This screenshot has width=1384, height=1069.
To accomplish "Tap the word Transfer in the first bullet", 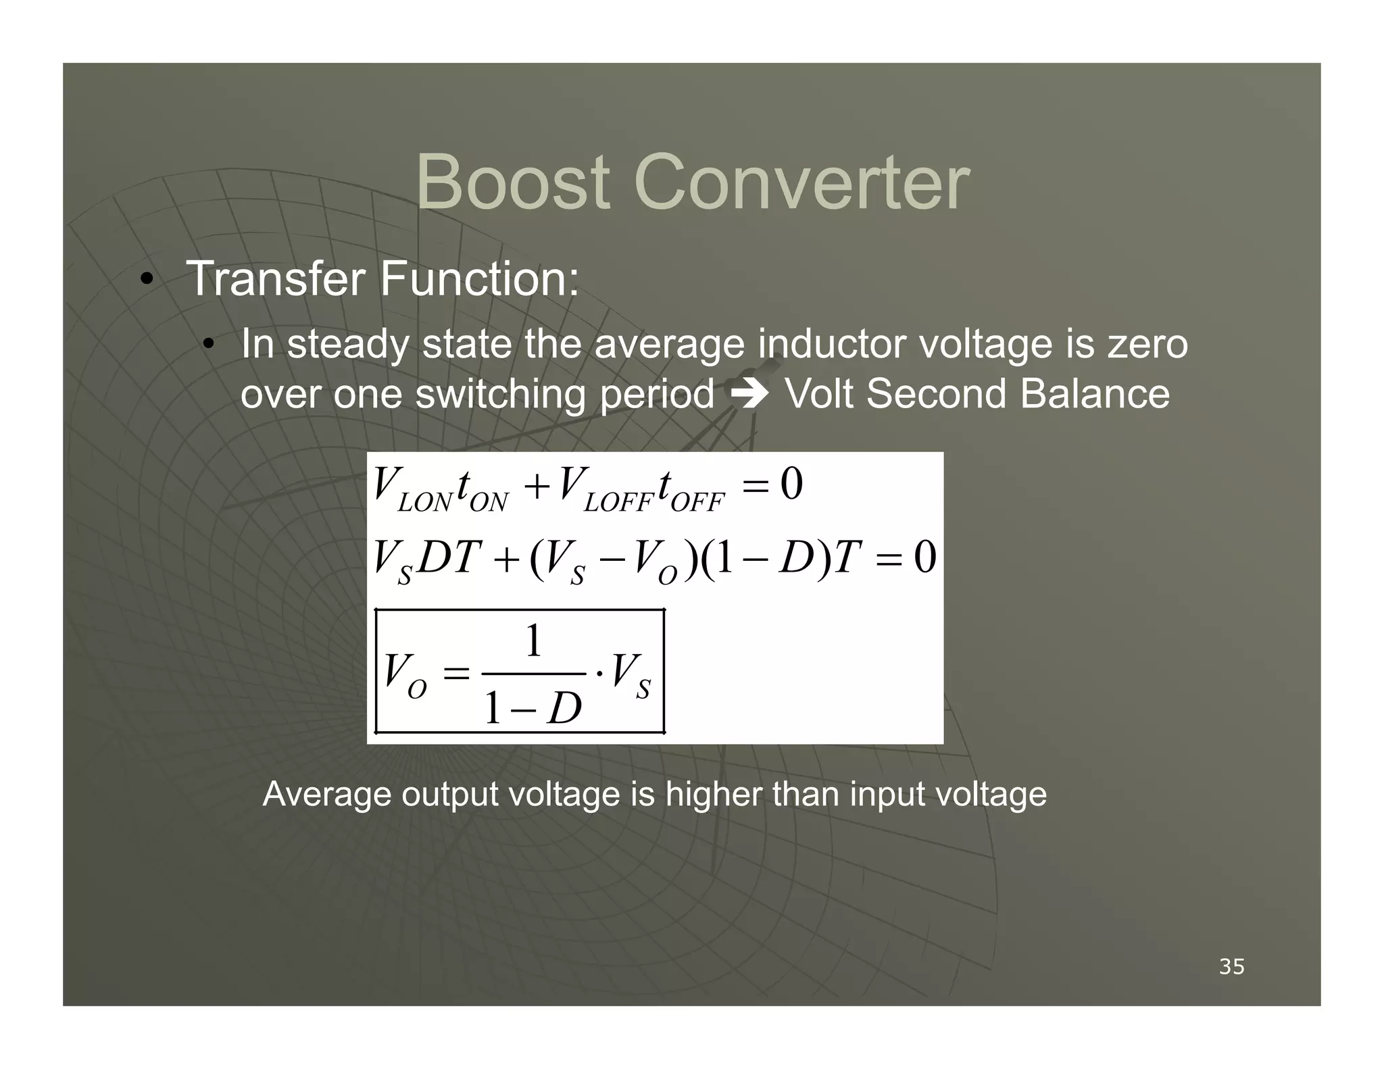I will click(x=275, y=278).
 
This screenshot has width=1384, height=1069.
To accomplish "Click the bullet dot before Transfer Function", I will click(x=145, y=280).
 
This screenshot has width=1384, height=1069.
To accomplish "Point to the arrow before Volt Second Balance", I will click(x=750, y=395).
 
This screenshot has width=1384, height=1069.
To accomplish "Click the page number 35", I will click(x=1231, y=967).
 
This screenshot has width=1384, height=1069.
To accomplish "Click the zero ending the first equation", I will click(x=791, y=484).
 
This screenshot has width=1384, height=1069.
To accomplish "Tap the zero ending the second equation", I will click(x=925, y=557).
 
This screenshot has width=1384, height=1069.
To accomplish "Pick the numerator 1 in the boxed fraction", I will click(x=534, y=641).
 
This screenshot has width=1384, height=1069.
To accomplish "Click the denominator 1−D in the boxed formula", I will click(x=533, y=709).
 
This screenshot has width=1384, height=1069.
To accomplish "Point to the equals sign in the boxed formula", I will click(x=455, y=674).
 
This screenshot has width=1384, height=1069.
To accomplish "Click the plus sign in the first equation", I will click(x=537, y=487).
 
